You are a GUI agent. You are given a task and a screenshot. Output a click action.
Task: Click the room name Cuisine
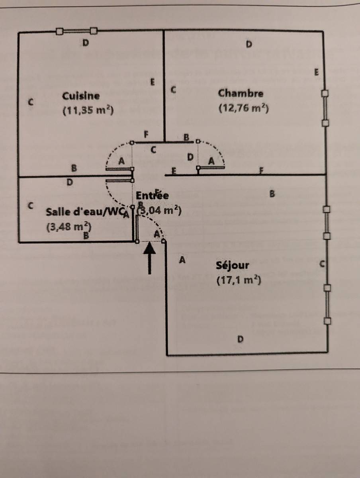pyautogui.click(x=81, y=96)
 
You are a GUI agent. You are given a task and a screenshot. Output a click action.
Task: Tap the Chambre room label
pyautogui.click(x=241, y=93)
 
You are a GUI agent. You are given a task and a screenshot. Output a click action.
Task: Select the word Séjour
pyautogui.click(x=233, y=265)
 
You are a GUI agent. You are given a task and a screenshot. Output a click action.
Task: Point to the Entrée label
pyautogui.click(x=152, y=196)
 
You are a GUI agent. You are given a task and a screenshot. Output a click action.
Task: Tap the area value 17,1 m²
pyautogui.click(x=239, y=280)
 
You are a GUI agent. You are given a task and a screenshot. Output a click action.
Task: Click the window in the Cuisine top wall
pyautogui.click(x=76, y=31)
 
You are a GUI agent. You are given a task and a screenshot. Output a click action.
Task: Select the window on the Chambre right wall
pyautogui.click(x=325, y=108)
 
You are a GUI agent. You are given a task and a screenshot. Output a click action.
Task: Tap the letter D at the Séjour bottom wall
pyautogui.click(x=240, y=339)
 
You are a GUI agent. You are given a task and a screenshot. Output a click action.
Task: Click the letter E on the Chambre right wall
pyautogui.click(x=317, y=72)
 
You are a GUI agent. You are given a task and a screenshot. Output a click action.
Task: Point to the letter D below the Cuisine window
pyautogui.click(x=85, y=43)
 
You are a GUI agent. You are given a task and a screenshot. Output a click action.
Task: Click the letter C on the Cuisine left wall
pyautogui.click(x=30, y=102)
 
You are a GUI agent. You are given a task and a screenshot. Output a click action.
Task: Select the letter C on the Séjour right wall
pyautogui.click(x=323, y=264)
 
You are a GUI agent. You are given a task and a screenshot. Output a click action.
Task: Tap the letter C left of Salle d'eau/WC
pyautogui.click(x=30, y=206)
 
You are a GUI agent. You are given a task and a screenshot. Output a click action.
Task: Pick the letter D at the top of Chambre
pyautogui.click(x=249, y=43)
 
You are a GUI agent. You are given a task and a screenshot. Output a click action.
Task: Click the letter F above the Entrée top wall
pyautogui.click(x=146, y=135)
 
